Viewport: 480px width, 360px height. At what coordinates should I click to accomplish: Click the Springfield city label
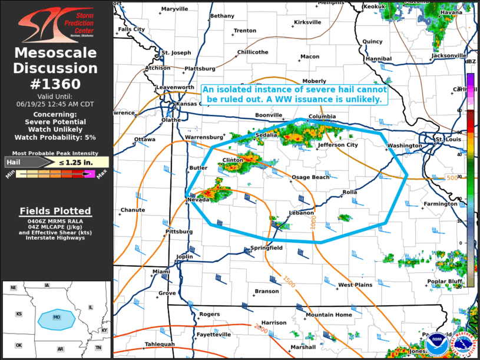click(x=267, y=248)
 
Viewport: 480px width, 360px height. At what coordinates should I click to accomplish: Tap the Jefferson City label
click(x=337, y=144)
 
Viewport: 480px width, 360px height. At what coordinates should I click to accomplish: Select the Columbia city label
click(x=322, y=116)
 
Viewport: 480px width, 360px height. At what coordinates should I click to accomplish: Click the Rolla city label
click(x=350, y=191)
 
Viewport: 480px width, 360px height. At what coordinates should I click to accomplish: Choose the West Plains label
click(x=355, y=285)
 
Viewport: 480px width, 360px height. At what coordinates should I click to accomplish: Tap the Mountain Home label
click(x=328, y=315)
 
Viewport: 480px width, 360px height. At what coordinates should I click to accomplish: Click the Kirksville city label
click(x=307, y=22)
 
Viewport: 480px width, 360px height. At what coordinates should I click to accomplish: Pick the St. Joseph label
click(x=177, y=52)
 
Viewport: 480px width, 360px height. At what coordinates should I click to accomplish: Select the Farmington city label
click(x=440, y=204)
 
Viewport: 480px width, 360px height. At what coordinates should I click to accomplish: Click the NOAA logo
click(x=436, y=341)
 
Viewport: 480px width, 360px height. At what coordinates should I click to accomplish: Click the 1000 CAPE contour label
click(x=313, y=222)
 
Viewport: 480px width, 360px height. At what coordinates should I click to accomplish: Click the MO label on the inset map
click(x=57, y=317)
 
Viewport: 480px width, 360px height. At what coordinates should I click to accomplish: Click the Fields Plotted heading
click(x=55, y=211)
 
